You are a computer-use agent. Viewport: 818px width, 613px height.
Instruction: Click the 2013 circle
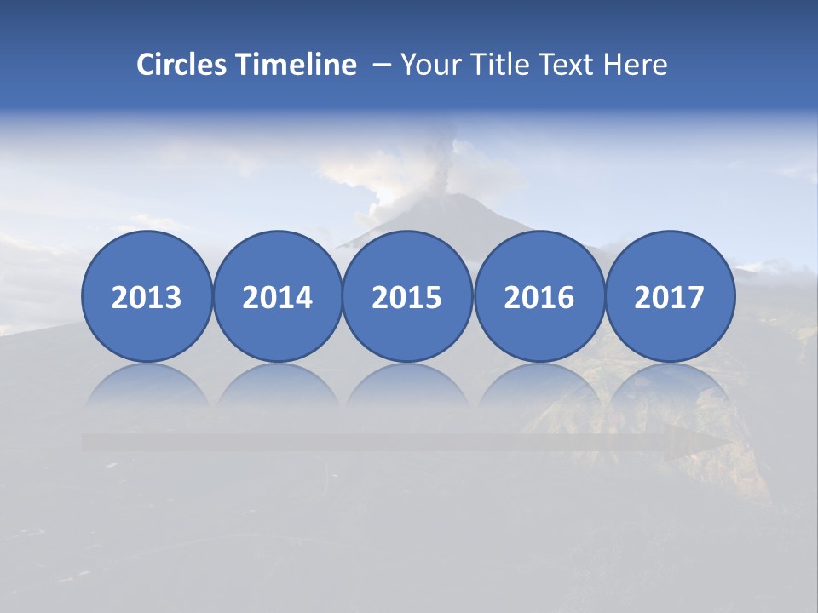147,296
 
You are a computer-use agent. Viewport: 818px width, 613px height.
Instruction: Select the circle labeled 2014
277,296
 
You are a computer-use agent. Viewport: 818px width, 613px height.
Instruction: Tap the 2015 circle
407,296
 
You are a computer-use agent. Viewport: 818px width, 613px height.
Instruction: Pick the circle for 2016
539,296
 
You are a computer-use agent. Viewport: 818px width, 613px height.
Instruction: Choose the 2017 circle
670,296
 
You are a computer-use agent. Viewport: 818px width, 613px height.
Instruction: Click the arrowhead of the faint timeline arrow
699,443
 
